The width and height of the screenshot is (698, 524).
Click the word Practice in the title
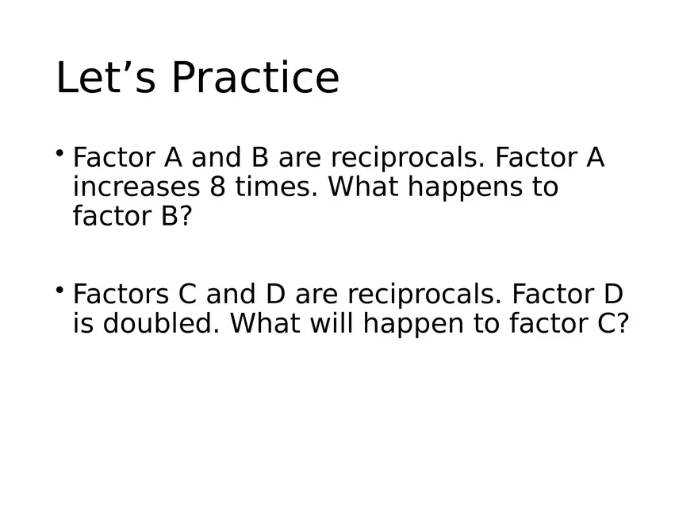[255, 79]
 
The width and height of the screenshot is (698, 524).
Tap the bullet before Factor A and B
[60, 152]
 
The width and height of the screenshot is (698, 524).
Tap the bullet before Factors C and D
[60, 289]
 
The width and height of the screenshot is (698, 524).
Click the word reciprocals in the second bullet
[423, 295]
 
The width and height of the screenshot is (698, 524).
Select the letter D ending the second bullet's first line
[613, 295]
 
